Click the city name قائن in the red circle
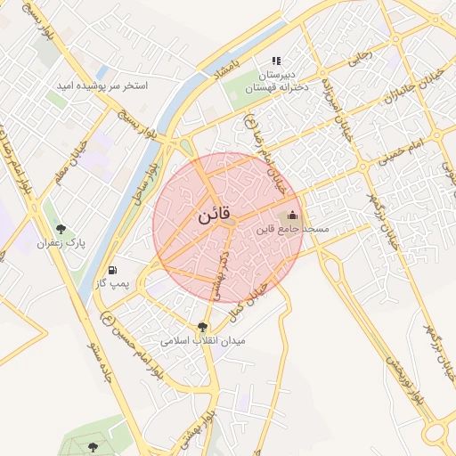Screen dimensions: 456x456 tap(214, 215)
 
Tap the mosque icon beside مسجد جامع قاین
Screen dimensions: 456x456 tap(293, 215)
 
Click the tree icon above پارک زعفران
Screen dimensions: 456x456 tap(61, 229)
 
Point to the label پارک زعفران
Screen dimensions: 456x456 tap(60, 242)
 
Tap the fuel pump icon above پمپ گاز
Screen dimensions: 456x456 tap(112, 270)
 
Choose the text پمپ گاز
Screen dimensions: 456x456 tap(112, 283)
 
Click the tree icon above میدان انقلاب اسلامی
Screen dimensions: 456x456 tap(203, 327)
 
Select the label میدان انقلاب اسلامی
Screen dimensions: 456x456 tap(203, 340)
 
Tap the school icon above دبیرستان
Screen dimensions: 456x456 tap(276, 61)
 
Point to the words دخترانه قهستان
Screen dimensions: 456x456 tap(276, 87)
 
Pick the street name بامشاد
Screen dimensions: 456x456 tap(229, 69)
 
